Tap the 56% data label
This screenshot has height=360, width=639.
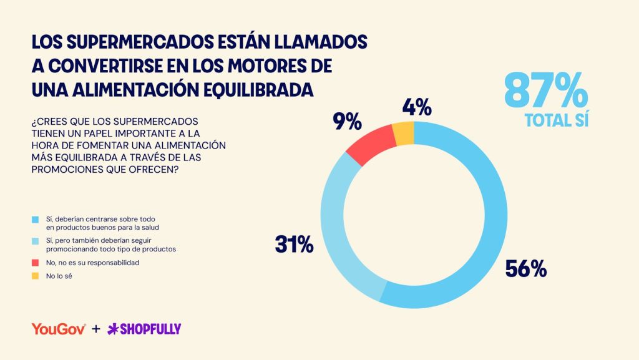pos(525,269)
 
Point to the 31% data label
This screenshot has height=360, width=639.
pos(295,245)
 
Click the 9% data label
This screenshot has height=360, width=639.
pos(347,122)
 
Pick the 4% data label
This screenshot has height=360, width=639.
pos(417,107)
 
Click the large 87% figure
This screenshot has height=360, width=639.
pos(546,90)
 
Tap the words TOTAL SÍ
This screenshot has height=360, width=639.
pos(557,120)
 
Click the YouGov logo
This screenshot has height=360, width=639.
pos(59,329)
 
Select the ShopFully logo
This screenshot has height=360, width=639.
pos(144,329)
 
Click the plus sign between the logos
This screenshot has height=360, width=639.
pos(96,329)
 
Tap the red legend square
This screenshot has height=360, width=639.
pos(36,263)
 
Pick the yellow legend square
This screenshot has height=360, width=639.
pos(36,276)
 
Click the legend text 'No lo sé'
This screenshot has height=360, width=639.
pos(59,276)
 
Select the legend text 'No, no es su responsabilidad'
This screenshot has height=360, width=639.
pos(92,263)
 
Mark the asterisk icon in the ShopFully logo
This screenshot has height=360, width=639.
pos(113,329)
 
